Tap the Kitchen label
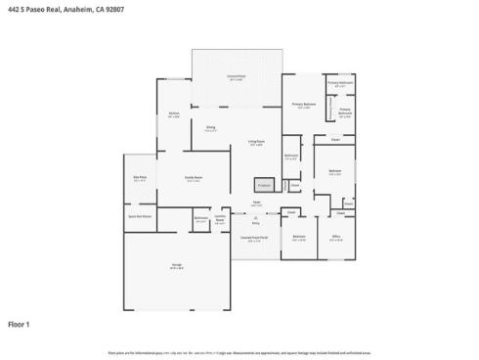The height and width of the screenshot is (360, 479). pos(173,113)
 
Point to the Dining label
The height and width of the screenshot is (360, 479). pos(210,127)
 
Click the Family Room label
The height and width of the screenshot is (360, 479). pos(194,177)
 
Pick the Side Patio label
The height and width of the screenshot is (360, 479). pos(139,177)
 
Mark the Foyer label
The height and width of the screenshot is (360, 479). pos(255,202)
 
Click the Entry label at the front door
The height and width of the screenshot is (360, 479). pos(255,221)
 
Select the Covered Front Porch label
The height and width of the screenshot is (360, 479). pos(254,238)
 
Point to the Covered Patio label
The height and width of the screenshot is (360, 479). pos(237,75)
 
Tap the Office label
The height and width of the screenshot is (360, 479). pos(335,236)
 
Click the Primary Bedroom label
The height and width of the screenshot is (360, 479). pos(304,105)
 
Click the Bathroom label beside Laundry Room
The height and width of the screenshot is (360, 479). pos(200,218)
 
